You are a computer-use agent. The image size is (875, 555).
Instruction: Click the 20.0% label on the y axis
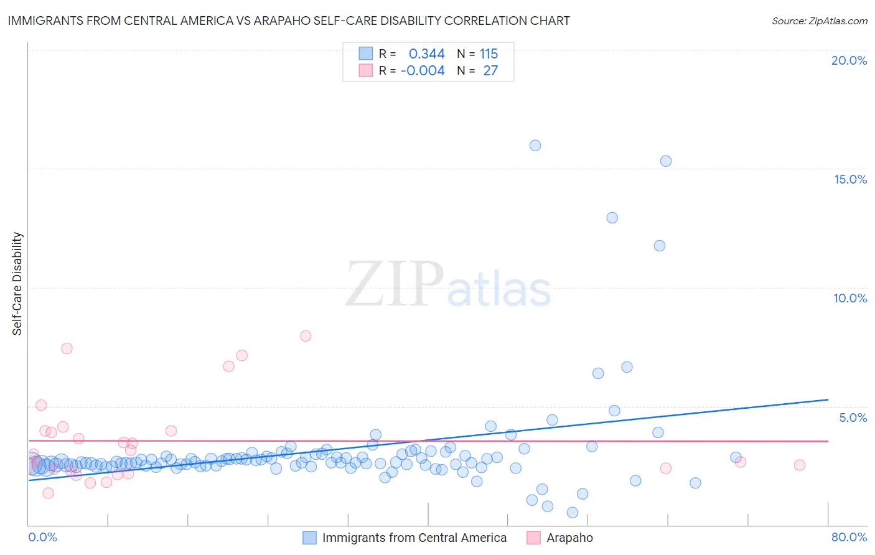pyautogui.click(x=849, y=60)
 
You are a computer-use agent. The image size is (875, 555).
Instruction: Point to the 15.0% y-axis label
pyautogui.click(x=850, y=179)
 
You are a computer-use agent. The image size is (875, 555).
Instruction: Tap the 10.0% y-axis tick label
pyautogui.click(x=850, y=298)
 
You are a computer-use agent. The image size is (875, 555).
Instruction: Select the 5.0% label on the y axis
pyautogui.click(x=853, y=417)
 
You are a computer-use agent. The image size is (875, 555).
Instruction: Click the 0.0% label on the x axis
pyautogui.click(x=42, y=537)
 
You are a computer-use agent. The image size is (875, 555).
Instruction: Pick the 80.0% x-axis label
pyautogui.click(x=849, y=537)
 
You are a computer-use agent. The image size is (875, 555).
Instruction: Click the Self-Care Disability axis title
pyautogui.click(x=17, y=284)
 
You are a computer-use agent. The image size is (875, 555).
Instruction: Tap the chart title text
pyautogui.click(x=289, y=21)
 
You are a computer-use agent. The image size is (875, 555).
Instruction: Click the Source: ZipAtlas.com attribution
pyautogui.click(x=819, y=21)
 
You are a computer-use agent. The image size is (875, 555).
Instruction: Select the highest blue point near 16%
pyautogui.click(x=535, y=146)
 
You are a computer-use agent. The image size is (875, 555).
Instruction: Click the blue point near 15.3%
pyautogui.click(x=666, y=161)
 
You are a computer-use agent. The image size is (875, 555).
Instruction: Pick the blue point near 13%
pyautogui.click(x=612, y=218)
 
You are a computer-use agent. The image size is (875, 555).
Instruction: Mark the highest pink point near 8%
pyautogui.click(x=306, y=336)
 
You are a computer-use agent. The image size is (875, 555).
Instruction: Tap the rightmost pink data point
pyautogui.click(x=800, y=465)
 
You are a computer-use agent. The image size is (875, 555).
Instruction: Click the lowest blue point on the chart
pyautogui.click(x=573, y=513)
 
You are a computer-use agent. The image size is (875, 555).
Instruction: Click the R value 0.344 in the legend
pyautogui.click(x=426, y=54)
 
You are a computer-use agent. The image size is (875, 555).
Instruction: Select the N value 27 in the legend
pyautogui.click(x=490, y=71)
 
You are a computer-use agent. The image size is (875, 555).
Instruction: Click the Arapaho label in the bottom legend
pyautogui.click(x=569, y=538)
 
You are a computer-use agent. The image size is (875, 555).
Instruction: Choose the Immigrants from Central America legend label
pyautogui.click(x=414, y=538)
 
